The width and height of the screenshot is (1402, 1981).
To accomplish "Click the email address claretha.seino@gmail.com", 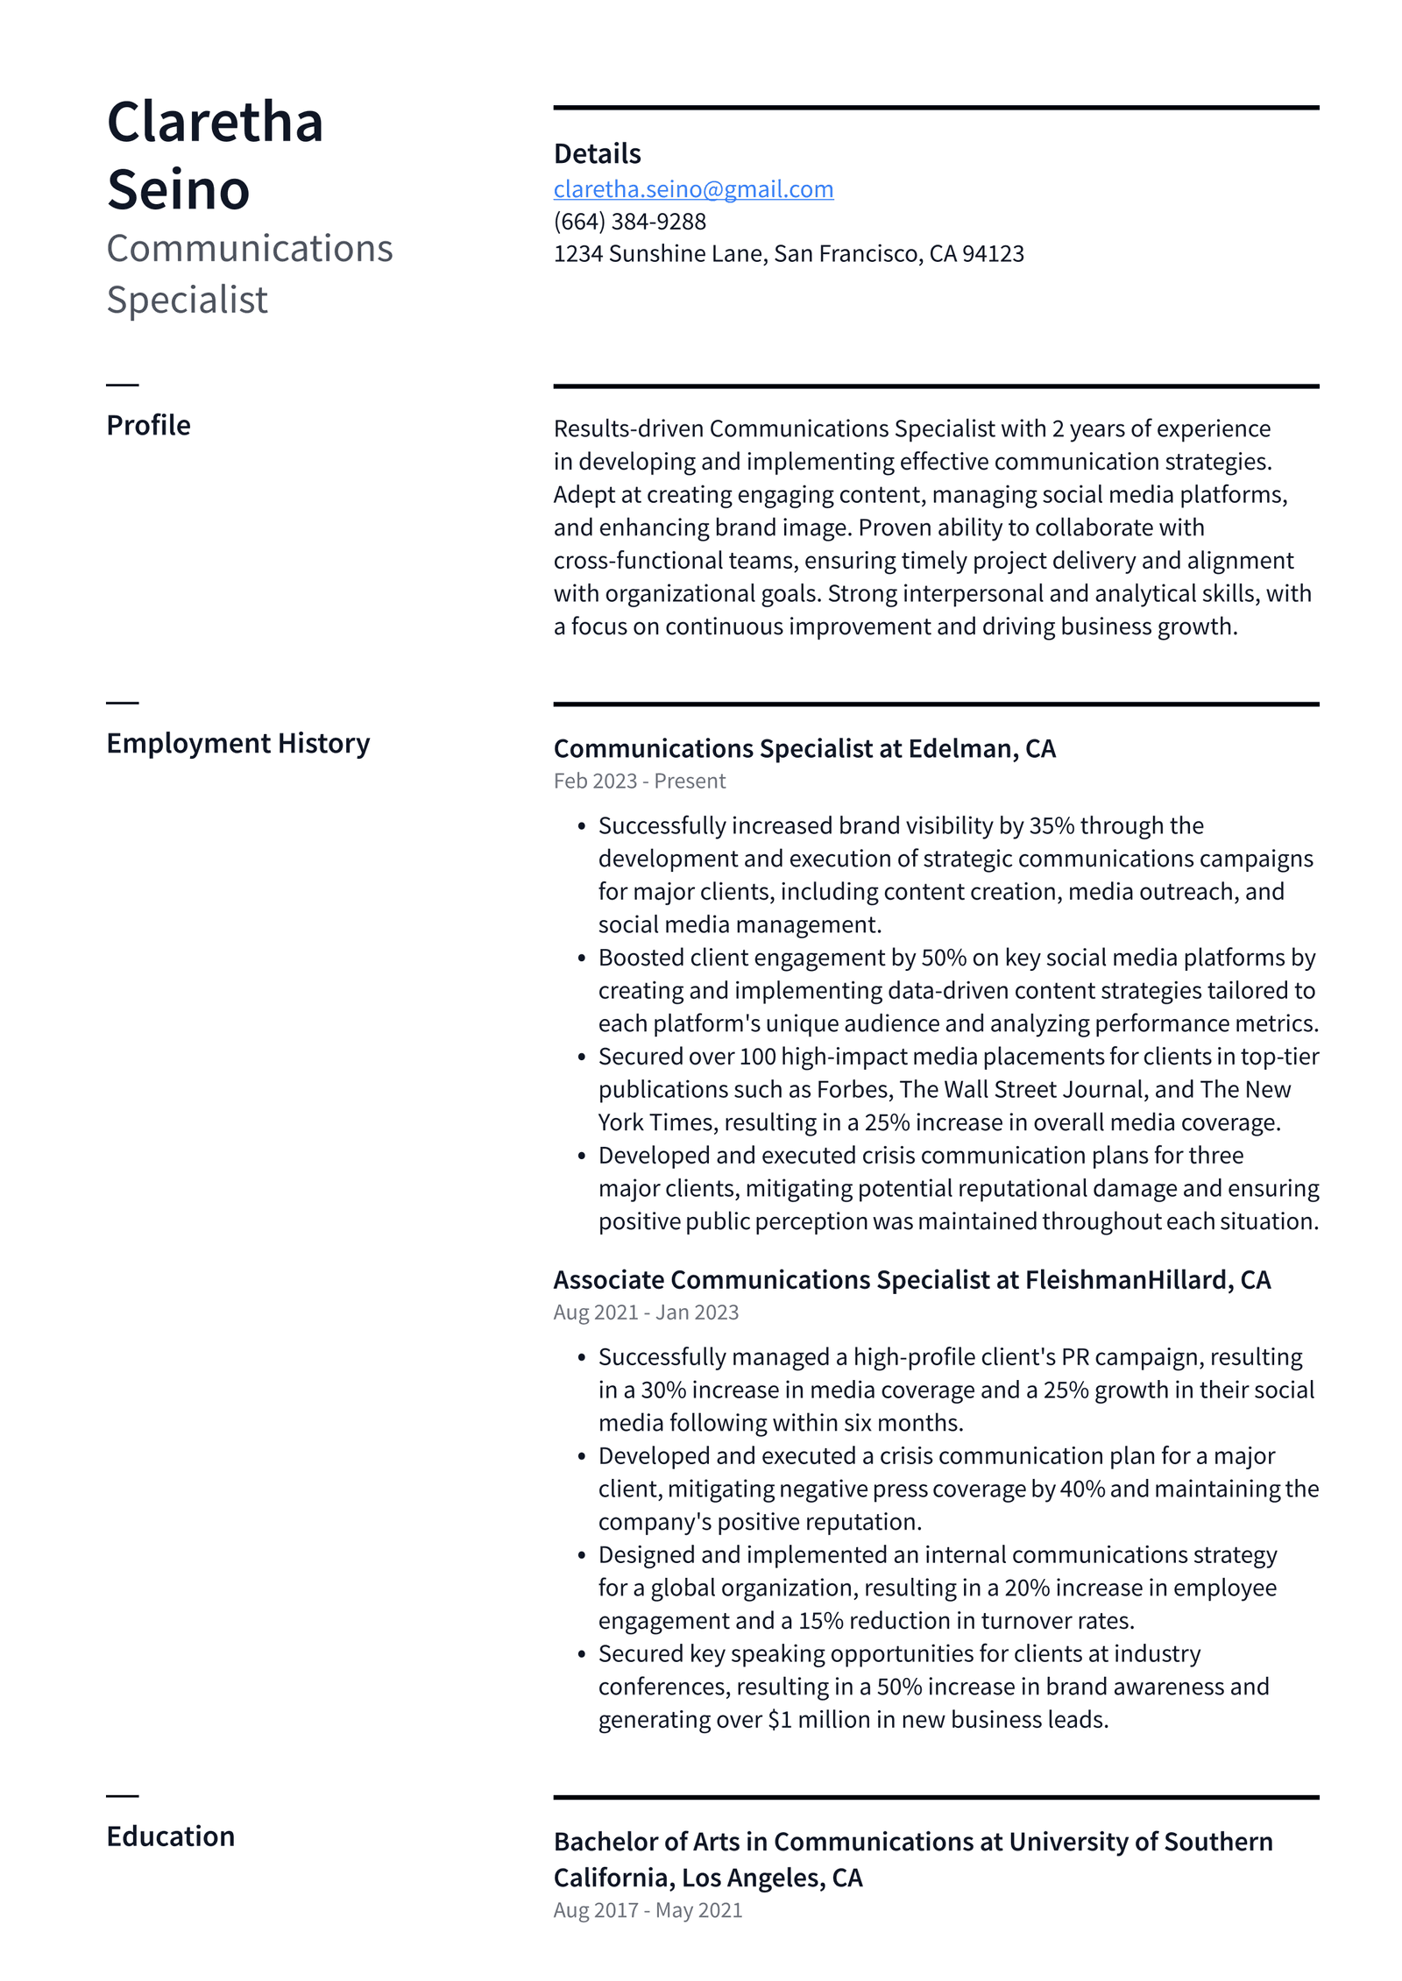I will pyautogui.click(x=693, y=189).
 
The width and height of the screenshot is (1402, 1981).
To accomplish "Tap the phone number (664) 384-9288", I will pyautogui.click(x=629, y=222).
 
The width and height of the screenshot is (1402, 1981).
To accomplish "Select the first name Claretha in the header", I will pyautogui.click(x=215, y=122).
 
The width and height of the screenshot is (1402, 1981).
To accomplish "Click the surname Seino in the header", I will pyautogui.click(x=179, y=190).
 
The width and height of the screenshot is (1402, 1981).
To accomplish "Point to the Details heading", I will pyautogui.click(x=597, y=154).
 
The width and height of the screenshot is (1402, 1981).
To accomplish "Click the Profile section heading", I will pyautogui.click(x=148, y=426).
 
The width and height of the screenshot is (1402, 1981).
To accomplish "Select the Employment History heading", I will pyautogui.click(x=237, y=744).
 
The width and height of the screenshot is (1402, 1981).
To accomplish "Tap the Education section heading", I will pyautogui.click(x=170, y=1837).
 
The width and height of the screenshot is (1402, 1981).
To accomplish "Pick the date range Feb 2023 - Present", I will pyautogui.click(x=639, y=782).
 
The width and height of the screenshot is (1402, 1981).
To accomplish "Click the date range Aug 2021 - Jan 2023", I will pyautogui.click(x=646, y=1313).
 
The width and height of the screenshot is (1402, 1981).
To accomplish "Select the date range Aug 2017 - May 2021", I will pyautogui.click(x=648, y=1911).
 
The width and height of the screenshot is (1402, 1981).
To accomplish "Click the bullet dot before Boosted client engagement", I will pyautogui.click(x=581, y=959).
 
